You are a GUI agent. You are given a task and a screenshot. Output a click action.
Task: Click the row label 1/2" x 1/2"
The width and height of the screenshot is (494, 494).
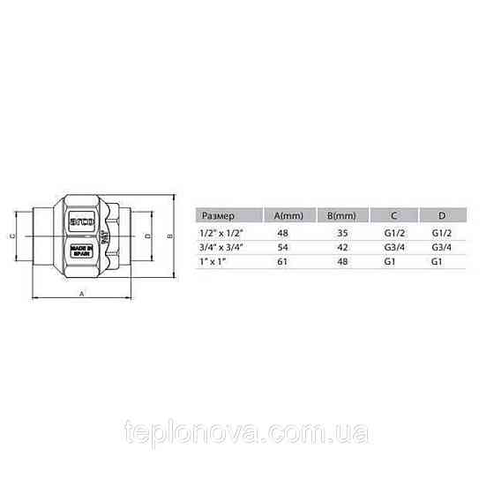coord(223,233)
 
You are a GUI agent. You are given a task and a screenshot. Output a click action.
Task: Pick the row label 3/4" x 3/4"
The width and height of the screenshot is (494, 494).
coord(223,248)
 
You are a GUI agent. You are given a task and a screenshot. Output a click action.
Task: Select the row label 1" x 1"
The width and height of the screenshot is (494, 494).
coord(216,263)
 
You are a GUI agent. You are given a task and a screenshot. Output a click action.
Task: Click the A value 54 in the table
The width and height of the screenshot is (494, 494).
coord(282,248)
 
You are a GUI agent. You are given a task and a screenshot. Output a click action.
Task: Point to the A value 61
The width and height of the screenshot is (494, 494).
coord(282,263)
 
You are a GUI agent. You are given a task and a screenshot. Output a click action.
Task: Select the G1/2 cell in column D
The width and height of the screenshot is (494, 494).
coord(441,233)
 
